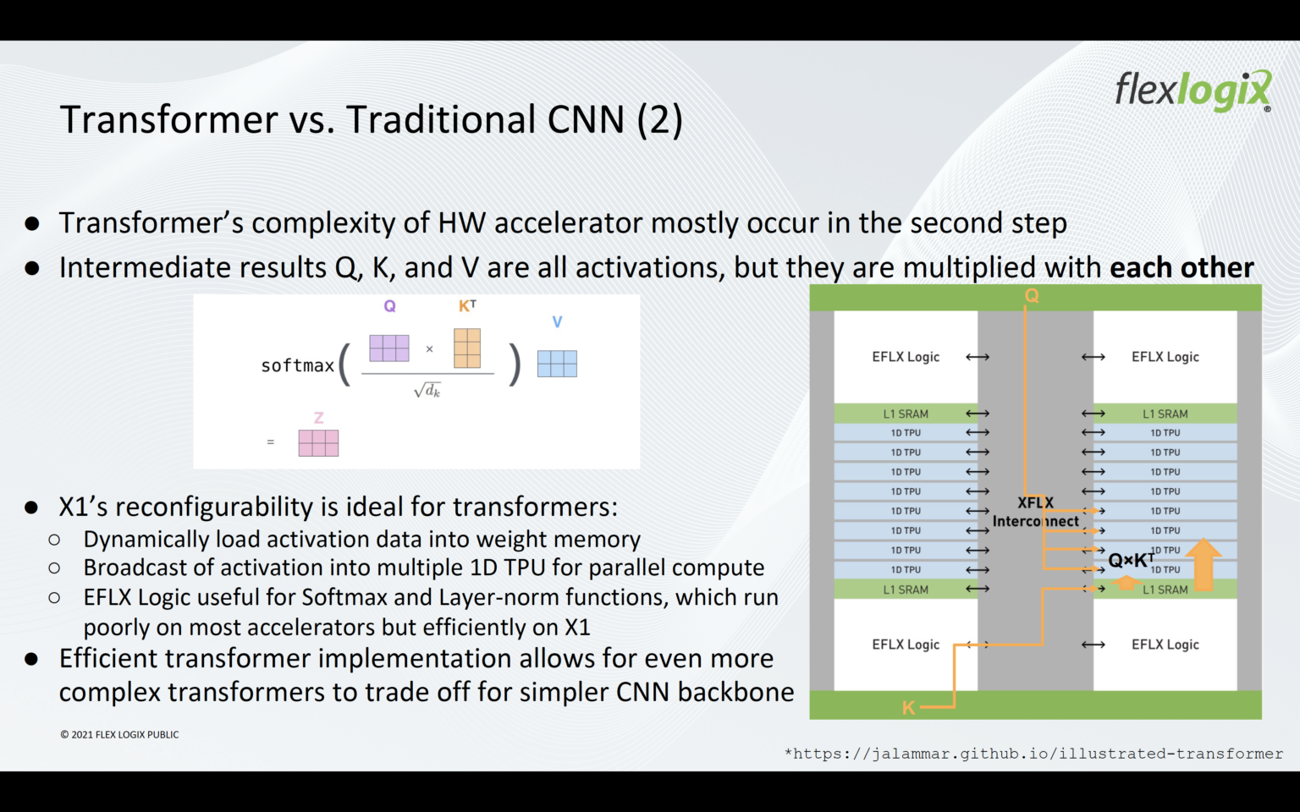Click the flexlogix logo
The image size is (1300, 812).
[1192, 91]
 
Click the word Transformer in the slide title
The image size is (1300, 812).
[168, 119]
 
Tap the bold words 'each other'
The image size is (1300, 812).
[1181, 267]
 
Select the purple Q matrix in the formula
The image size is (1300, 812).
[389, 348]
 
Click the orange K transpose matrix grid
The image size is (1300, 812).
[467, 348]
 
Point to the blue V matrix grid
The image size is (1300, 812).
[557, 364]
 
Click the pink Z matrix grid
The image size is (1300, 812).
[318, 443]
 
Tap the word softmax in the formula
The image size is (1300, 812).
[297, 365]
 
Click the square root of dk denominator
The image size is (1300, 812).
[427, 390]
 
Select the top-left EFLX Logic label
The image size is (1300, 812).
[906, 357]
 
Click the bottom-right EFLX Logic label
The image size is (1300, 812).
[1165, 645]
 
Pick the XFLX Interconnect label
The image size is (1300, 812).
[1035, 512]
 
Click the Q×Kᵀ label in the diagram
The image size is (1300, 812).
[1130, 560]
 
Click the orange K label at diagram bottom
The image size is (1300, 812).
[908, 707]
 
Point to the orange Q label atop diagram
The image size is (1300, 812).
[1032, 295]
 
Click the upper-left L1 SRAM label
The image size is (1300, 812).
[906, 414]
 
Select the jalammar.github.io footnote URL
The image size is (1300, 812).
[1033, 754]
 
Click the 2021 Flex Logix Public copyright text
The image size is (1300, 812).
[119, 734]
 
